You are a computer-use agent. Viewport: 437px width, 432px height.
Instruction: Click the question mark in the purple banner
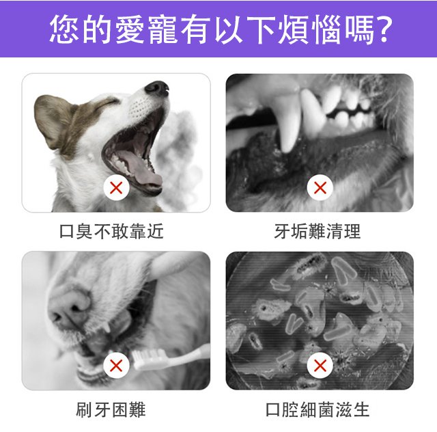pos(383,29)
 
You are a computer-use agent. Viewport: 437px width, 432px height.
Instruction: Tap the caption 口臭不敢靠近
pos(111,231)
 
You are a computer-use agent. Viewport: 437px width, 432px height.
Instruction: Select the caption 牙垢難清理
pos(318,231)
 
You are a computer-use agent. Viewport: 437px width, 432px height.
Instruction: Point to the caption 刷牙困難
pos(111,409)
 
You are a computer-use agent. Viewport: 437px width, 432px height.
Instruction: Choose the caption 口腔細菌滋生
pos(318,409)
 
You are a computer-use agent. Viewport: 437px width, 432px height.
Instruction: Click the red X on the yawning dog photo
pos(116,187)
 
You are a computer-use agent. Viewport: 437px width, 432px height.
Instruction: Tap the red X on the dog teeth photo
pos(320,187)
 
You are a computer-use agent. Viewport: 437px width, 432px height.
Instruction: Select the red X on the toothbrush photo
pos(116,365)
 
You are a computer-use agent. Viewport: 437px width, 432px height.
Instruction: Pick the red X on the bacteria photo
pos(320,365)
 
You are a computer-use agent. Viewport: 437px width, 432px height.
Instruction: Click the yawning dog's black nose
pos(157,88)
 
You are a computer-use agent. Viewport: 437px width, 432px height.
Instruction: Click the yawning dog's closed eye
pos(105,103)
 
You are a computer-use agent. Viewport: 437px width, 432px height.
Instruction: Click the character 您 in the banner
pos(64,29)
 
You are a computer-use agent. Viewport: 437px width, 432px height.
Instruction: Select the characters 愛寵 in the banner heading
pos(146,29)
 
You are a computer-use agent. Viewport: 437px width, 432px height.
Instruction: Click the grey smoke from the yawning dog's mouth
pos(181,157)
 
